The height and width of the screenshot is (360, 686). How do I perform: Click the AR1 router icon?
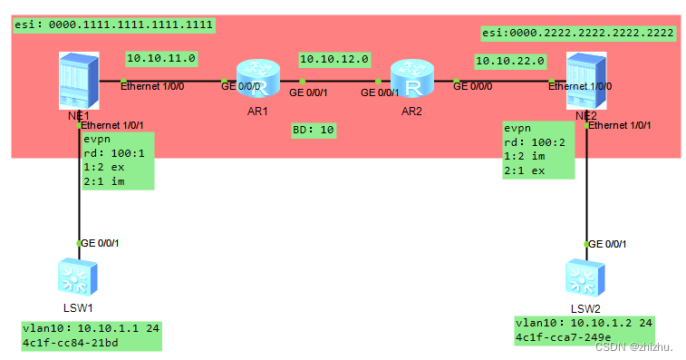coord(253,77)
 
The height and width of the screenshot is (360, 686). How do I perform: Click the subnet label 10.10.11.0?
coord(161,58)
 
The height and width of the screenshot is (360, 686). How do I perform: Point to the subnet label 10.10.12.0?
coord(334,59)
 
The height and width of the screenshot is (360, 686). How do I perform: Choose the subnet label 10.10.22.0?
coord(509,61)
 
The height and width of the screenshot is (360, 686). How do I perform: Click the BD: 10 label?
coord(314,130)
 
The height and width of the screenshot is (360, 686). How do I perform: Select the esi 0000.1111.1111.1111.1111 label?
coord(113,24)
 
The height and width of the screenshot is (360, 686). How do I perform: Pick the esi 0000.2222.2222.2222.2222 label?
coord(577,33)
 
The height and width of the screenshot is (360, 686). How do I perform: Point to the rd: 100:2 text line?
coord(533,142)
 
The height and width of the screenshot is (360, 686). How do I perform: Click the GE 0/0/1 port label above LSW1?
coord(100,243)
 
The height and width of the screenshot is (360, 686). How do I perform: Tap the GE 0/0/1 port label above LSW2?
coord(607,244)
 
